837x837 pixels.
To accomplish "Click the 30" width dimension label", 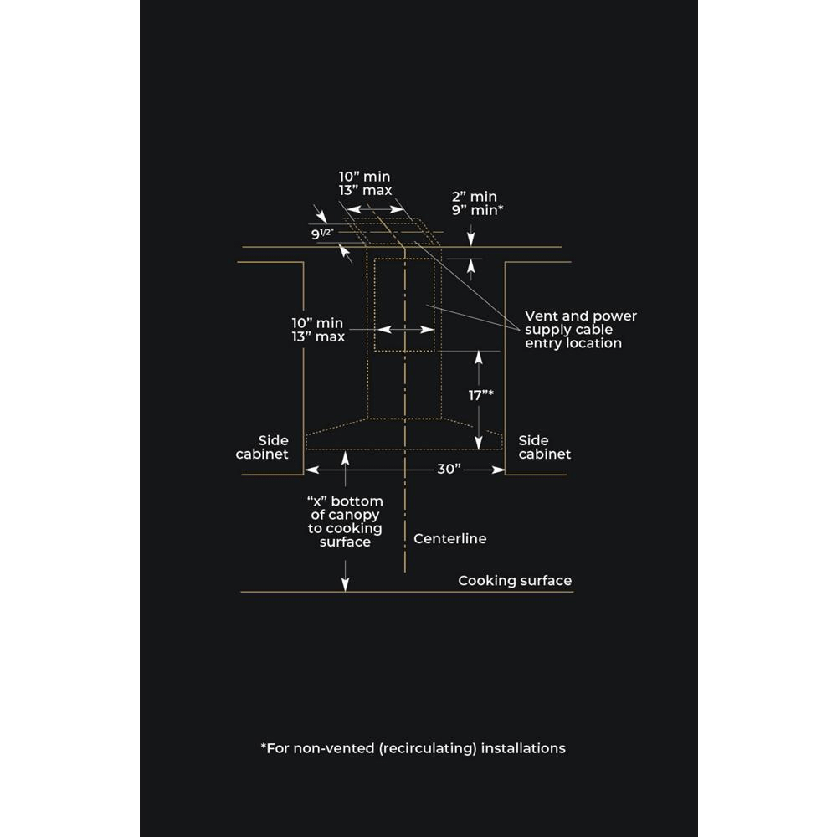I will (x=449, y=469).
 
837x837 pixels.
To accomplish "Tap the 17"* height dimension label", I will (x=480, y=394).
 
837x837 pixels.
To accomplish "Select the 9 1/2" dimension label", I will (x=322, y=234).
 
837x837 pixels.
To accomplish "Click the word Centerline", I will (x=449, y=539).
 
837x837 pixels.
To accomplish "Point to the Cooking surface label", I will (x=515, y=581).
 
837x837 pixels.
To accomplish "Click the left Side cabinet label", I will (x=262, y=447).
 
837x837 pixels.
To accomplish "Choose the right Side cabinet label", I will (x=545, y=447).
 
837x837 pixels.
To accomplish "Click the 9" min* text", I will (x=476, y=210).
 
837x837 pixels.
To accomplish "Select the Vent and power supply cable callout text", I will (x=580, y=329).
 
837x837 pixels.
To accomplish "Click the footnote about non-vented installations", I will (x=413, y=748).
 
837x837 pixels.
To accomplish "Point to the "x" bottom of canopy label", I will (x=344, y=521).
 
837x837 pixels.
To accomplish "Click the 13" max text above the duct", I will (x=365, y=190).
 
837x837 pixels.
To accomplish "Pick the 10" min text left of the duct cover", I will (x=317, y=322).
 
